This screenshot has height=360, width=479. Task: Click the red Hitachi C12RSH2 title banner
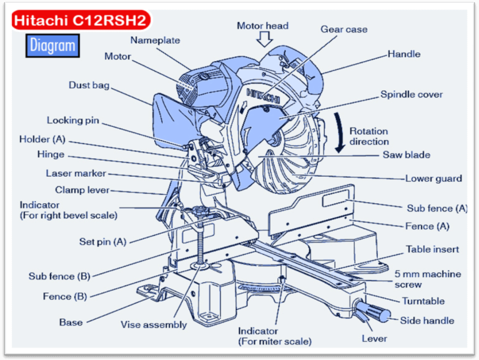(x=81, y=21)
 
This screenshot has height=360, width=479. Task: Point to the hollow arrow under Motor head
(x=265, y=40)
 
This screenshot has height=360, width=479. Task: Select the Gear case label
(x=343, y=29)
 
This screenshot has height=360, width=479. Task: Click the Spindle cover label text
(x=412, y=94)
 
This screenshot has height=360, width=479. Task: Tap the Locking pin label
(x=72, y=120)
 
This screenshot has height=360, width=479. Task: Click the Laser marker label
(x=76, y=173)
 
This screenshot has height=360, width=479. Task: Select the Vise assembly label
(x=154, y=324)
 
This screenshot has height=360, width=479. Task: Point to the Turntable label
(x=423, y=301)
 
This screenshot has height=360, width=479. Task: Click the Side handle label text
(x=427, y=321)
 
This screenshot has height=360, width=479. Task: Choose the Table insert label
(x=432, y=249)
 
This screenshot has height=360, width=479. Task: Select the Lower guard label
(x=433, y=178)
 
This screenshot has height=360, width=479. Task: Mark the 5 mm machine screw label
(x=428, y=279)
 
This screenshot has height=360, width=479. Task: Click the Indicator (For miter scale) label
(x=274, y=336)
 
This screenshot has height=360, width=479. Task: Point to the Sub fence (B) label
(x=60, y=276)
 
